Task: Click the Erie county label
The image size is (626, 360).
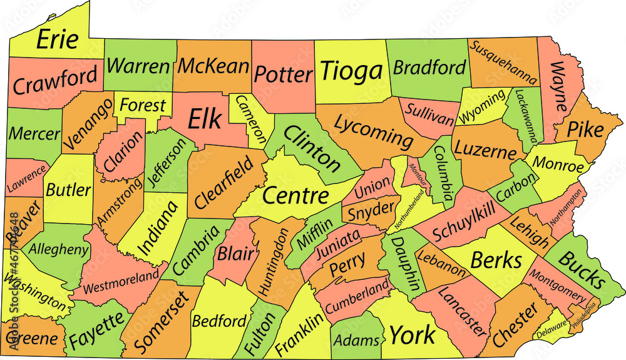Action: coord(58,39)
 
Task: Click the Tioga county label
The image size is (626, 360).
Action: coord(351,72)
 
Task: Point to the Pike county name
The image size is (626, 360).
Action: coord(586,130)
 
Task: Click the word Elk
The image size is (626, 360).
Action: coord(205,118)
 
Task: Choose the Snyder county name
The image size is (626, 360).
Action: coord(364,212)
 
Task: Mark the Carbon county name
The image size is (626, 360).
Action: coord(516,187)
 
